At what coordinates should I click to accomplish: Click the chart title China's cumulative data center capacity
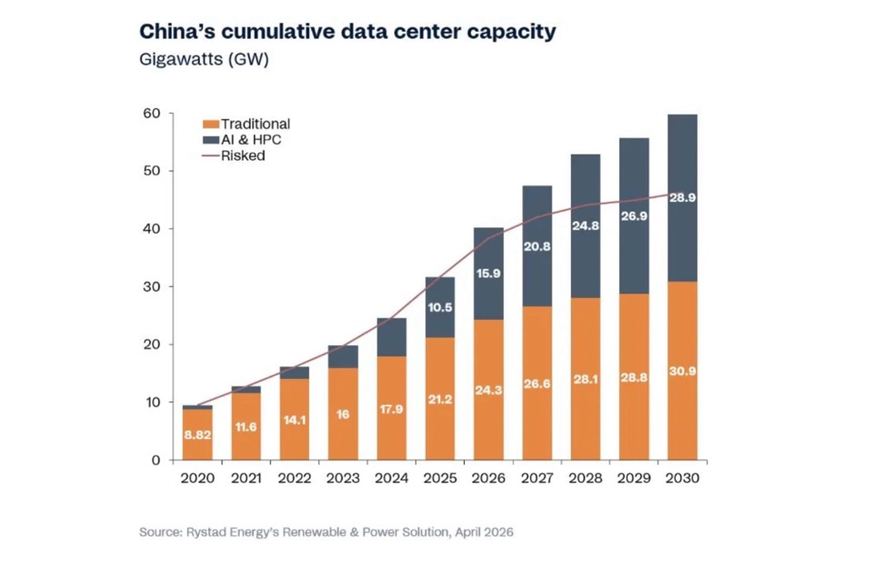pos(346,32)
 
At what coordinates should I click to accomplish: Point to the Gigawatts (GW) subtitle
pos(204,60)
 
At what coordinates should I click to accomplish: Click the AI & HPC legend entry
pos(245,139)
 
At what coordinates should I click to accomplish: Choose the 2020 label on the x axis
pos(197,478)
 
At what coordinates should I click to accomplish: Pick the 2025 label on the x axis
pos(439,478)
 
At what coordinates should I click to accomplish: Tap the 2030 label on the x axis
pos(681,478)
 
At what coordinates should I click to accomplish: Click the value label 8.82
pos(197,434)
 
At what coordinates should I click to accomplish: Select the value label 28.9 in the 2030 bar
pos(681,197)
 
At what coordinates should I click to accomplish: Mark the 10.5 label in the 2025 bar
pos(439,307)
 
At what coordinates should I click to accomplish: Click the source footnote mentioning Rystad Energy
pos(326,531)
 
